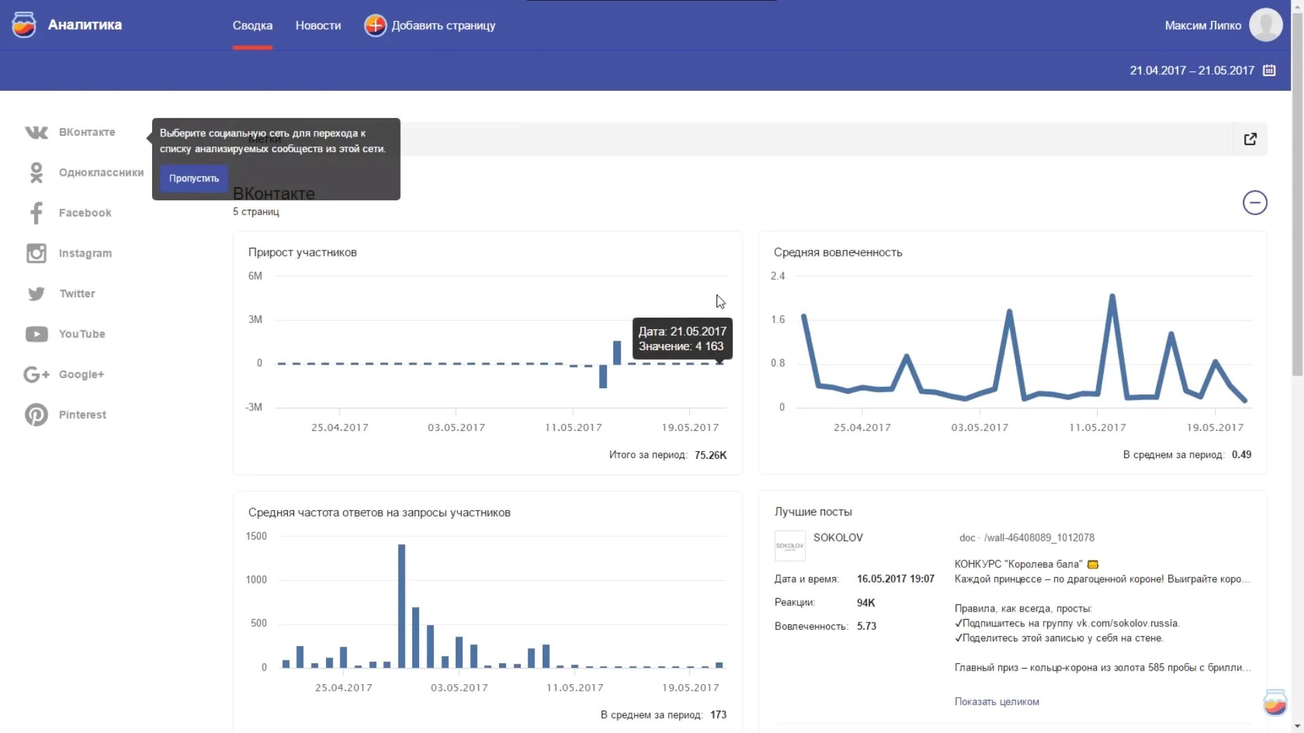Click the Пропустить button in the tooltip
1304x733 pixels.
click(x=194, y=178)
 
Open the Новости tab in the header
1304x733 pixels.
click(x=318, y=26)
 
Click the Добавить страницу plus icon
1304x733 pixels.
click(x=375, y=26)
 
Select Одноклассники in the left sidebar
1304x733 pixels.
click(x=101, y=172)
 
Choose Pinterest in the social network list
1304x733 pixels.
click(x=82, y=415)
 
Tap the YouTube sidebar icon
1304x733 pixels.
click(x=37, y=334)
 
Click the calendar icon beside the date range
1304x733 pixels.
click(x=1269, y=71)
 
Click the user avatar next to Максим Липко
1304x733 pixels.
click(x=1265, y=25)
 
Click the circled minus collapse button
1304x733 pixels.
click(x=1254, y=203)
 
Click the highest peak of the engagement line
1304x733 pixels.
click(x=1112, y=296)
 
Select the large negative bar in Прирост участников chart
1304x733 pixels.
click(x=602, y=377)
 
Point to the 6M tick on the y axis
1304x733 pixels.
click(x=255, y=276)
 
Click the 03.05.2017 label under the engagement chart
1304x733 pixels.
click(x=979, y=428)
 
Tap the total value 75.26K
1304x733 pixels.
click(x=710, y=455)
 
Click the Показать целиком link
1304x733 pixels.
click(x=996, y=702)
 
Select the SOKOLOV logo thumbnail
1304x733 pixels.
click(x=790, y=546)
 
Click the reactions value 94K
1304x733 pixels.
click(x=866, y=603)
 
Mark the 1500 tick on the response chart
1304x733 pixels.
click(x=256, y=536)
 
